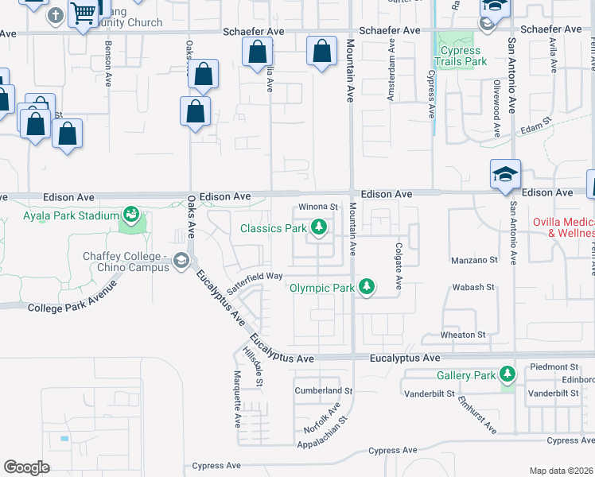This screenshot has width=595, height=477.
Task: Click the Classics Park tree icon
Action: pyautogui.click(x=319, y=228)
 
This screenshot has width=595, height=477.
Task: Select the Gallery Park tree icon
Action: pyautogui.click(x=507, y=374)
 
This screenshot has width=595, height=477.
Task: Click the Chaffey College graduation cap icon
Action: pyautogui.click(x=181, y=261)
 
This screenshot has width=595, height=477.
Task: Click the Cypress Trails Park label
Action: pyautogui.click(x=460, y=56)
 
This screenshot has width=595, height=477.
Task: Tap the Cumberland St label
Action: pyautogui.click(x=323, y=391)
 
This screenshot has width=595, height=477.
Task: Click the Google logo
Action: pyautogui.click(x=26, y=467)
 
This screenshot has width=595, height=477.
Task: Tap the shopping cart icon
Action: pyautogui.click(x=83, y=13)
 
